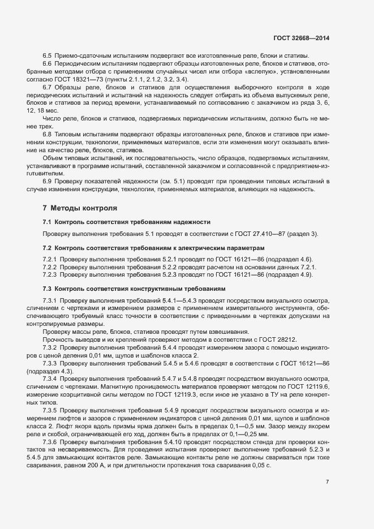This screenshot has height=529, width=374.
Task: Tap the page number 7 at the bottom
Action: [328, 481]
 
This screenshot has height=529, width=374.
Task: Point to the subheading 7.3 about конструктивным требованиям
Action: [134, 289]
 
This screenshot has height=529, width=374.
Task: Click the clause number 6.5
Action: [48, 55]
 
